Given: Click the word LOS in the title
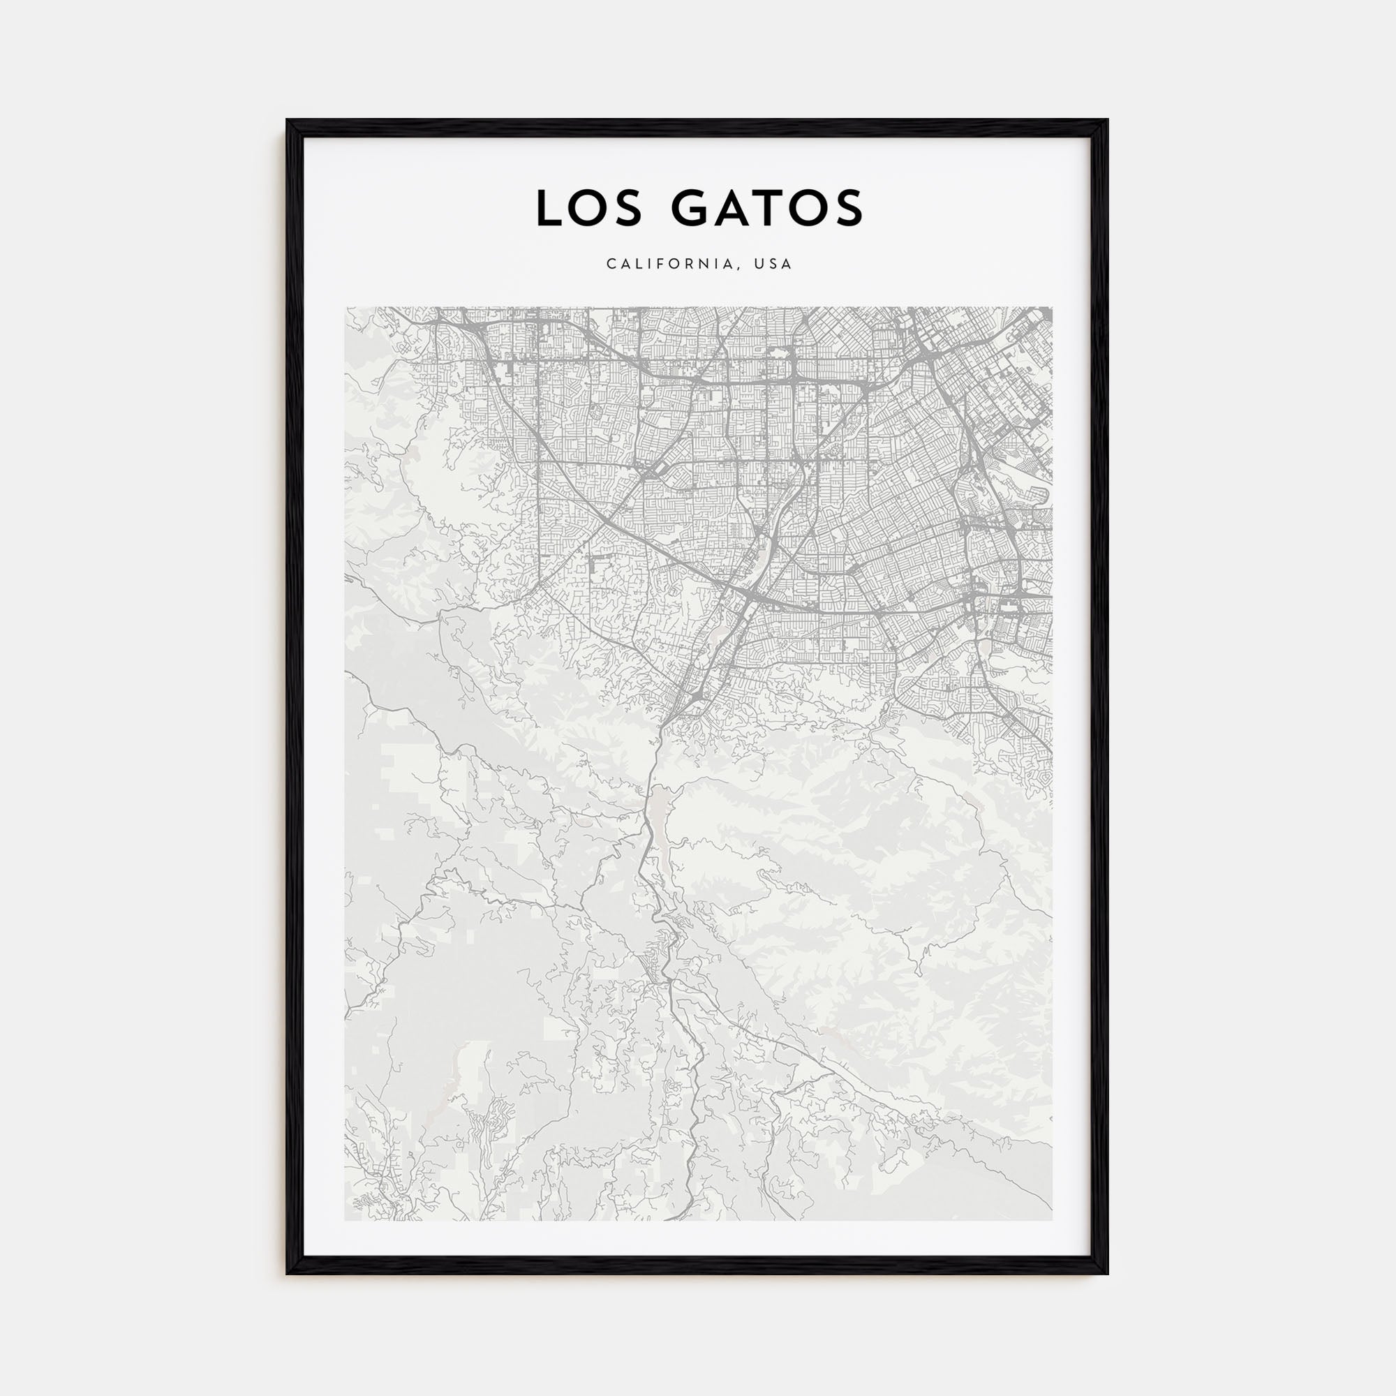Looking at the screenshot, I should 589,208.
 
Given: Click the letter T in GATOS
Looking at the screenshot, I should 772,208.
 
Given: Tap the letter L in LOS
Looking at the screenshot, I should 548,208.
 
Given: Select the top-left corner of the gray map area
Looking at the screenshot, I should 346,308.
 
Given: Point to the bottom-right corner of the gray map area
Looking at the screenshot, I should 1051,1220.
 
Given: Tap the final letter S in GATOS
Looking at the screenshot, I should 849,208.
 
